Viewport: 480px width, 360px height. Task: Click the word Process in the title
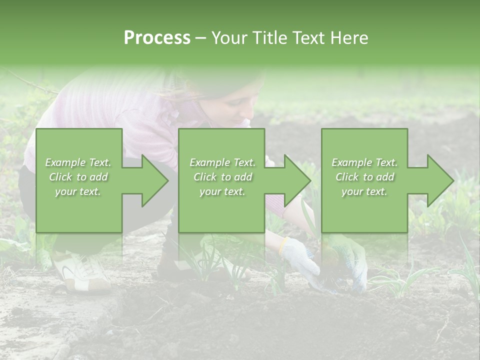point(157,38)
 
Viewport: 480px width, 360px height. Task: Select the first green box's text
point(78,177)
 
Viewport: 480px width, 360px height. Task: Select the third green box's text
point(364,177)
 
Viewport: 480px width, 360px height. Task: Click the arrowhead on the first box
point(152,180)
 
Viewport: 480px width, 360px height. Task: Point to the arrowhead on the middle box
point(295,180)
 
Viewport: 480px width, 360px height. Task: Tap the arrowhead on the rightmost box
point(438,180)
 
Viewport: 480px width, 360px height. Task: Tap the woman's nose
point(246,120)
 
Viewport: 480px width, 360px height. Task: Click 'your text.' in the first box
point(78,191)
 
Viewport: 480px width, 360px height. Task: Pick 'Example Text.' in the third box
point(364,162)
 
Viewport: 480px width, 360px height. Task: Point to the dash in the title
point(201,38)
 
